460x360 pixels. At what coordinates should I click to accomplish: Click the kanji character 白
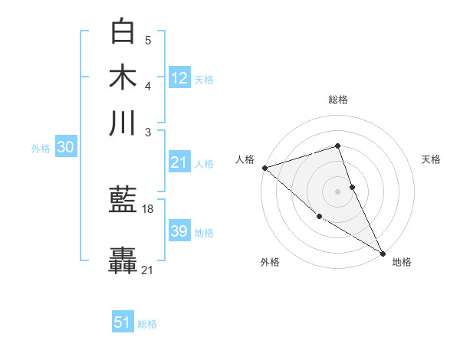(123, 31)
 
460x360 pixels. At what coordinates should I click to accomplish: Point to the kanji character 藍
(123, 200)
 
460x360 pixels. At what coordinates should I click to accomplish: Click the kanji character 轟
(123, 260)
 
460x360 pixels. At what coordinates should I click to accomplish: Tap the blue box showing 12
(179, 78)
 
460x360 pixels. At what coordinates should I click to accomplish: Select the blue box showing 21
(179, 162)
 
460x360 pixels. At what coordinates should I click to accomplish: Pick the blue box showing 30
(65, 148)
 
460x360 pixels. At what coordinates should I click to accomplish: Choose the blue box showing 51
(122, 322)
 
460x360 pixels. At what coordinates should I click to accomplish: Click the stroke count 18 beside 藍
(149, 208)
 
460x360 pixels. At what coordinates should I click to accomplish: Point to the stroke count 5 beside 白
(148, 40)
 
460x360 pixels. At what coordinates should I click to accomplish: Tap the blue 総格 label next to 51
(147, 324)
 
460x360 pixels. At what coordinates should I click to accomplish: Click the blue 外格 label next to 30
(41, 149)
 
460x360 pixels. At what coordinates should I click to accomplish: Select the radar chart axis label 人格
(245, 159)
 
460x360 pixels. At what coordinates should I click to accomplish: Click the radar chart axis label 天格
(432, 159)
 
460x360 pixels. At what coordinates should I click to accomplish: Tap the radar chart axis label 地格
(402, 262)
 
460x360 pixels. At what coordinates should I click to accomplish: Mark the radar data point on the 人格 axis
(264, 167)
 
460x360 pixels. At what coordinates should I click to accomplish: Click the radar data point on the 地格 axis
(383, 253)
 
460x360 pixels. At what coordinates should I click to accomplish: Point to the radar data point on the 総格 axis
(338, 146)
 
